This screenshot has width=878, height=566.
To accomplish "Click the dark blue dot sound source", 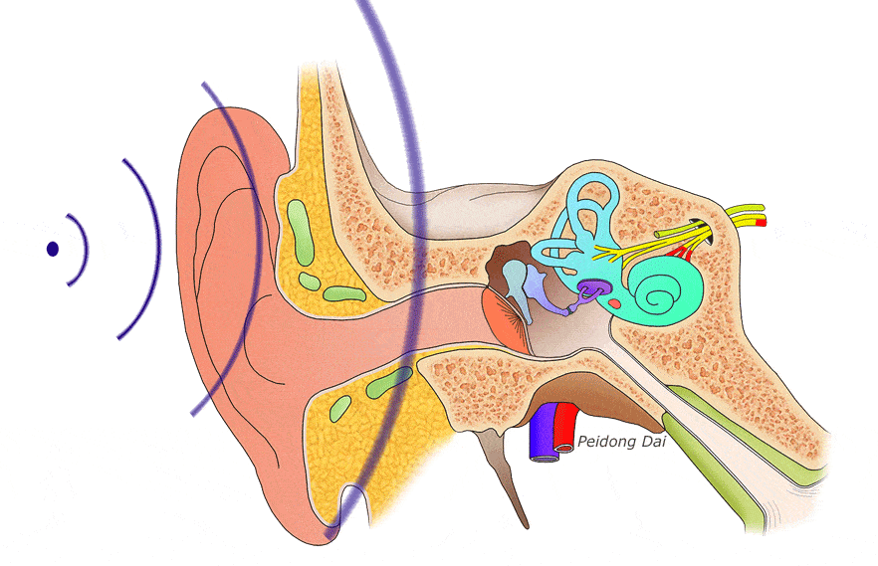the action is [x=53, y=249].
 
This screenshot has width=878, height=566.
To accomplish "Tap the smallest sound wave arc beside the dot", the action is [x=79, y=250].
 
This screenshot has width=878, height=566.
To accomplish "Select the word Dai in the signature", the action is [x=654, y=442].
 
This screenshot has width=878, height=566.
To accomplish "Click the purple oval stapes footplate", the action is [x=593, y=288].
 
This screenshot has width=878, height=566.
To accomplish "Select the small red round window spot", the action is [x=614, y=304].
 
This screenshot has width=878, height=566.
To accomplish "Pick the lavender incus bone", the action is [x=542, y=290].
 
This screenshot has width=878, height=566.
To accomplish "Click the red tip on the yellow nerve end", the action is [x=761, y=223].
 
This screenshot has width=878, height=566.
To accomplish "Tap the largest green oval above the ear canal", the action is [x=301, y=232].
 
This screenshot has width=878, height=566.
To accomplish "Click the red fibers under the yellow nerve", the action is [x=680, y=254].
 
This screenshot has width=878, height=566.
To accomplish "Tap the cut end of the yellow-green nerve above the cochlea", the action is [x=658, y=234].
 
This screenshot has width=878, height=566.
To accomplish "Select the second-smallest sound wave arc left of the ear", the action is [x=141, y=249].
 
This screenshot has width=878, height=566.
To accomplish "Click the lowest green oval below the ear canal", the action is [x=339, y=409].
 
